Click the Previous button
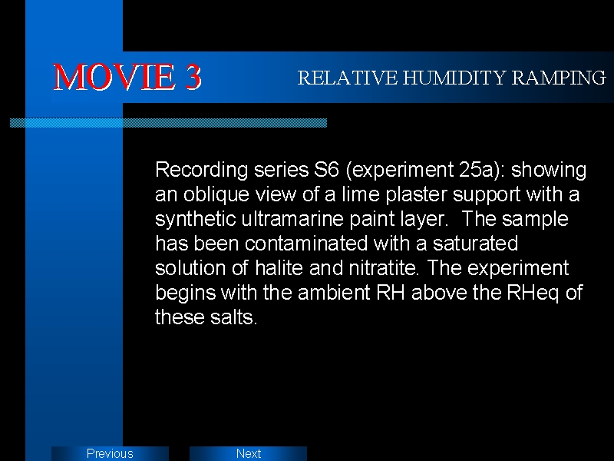(110, 453)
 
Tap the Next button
(248, 453)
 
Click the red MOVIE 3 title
(127, 77)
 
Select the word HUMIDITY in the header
(454, 78)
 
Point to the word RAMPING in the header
(560, 78)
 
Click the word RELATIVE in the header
(348, 78)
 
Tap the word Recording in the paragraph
(202, 171)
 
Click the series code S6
(326, 169)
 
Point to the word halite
(279, 267)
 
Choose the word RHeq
(533, 294)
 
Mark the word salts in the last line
(233, 317)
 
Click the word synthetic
(196, 220)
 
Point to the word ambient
(334, 292)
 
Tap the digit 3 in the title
(193, 77)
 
